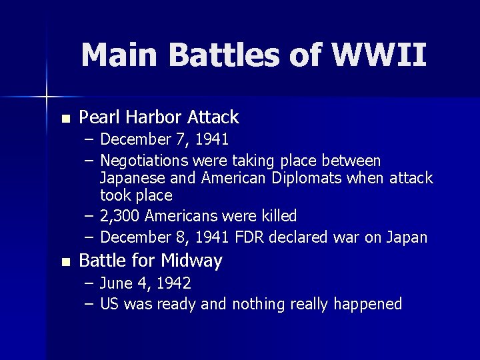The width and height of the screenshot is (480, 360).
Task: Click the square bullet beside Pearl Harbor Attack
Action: point(65,119)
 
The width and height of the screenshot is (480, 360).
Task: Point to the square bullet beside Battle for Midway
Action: point(65,262)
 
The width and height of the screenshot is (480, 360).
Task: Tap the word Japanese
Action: point(130,178)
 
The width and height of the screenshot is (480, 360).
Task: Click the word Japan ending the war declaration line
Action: point(408,237)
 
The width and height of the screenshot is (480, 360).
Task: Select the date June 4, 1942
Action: point(145,283)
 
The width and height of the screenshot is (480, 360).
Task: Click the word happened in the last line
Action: point(369,304)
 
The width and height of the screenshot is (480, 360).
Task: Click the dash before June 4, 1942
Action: point(89,283)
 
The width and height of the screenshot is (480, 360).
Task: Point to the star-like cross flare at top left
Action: point(46,97)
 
